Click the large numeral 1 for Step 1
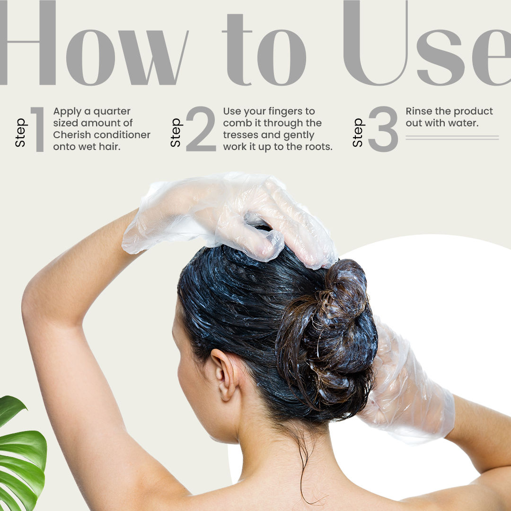tap(38, 129)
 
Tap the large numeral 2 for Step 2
tap(201, 129)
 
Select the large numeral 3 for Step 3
tap(383, 129)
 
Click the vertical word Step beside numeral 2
tap(176, 132)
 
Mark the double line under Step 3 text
tap(452, 138)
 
